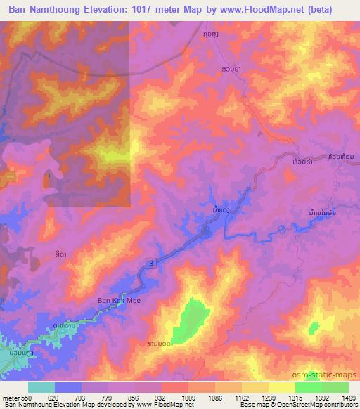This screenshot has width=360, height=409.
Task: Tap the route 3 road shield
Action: (x=150, y=262)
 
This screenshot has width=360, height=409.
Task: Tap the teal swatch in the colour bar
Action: (x=41, y=388)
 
